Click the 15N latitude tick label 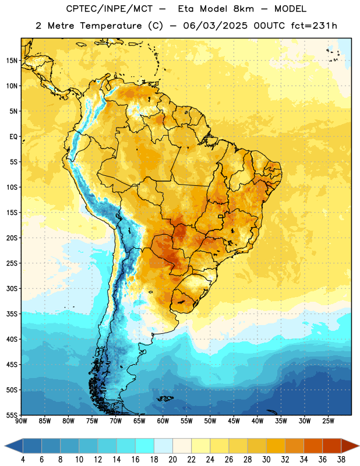click(x=12, y=61)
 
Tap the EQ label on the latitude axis click(x=13, y=137)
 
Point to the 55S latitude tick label click(x=12, y=415)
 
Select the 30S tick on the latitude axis click(x=12, y=288)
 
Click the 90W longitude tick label click(x=21, y=421)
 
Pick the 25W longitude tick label click(x=328, y=421)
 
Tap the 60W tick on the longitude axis click(x=163, y=421)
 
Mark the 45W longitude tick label click(x=234, y=421)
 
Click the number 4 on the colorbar click(x=23, y=460)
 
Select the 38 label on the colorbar click(x=341, y=460)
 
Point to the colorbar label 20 click(x=172, y=460)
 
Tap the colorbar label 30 click(x=266, y=460)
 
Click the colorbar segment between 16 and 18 click(x=145, y=446)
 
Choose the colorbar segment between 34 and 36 click(x=313, y=446)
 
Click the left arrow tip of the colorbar click(x=5, y=446)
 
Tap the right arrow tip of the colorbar click(x=359, y=446)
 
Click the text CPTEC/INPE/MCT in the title click(x=110, y=9)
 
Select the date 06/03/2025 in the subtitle click(x=215, y=26)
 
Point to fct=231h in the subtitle click(x=314, y=26)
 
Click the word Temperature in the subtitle click(x=111, y=26)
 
